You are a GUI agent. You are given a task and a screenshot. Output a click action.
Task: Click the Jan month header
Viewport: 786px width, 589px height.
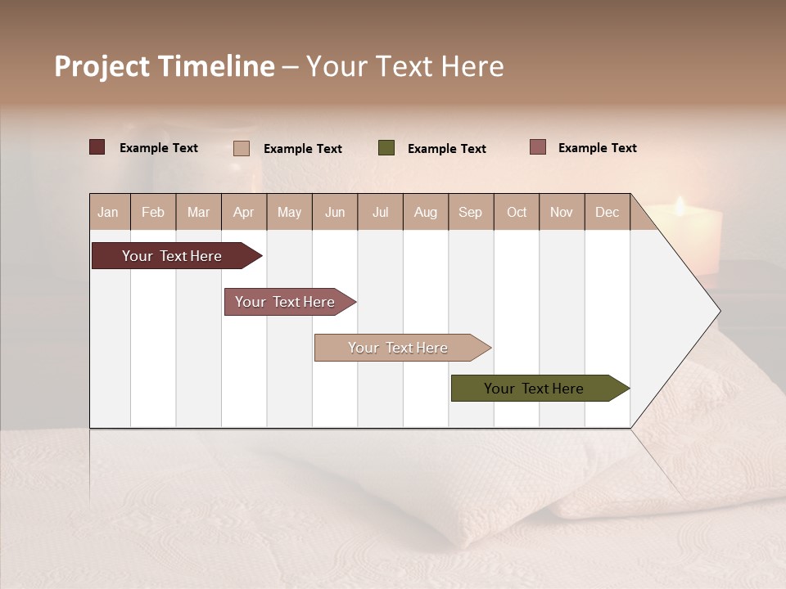(109, 212)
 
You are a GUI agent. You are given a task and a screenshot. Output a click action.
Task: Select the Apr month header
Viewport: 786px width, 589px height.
(244, 212)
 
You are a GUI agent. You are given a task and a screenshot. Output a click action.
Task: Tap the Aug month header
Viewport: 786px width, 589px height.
(426, 212)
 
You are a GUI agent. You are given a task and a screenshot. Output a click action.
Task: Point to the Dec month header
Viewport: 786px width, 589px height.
(608, 212)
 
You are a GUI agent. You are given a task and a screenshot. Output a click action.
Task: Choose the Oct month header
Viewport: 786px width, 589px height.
(517, 212)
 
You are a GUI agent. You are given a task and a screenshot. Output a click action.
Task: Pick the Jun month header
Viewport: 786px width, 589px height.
(335, 212)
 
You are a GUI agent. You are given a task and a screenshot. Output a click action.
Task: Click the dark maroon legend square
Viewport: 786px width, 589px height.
(97, 147)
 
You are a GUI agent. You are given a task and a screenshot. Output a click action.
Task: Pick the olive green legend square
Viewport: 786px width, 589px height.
(386, 148)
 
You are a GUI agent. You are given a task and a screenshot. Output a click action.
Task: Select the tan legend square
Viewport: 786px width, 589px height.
(242, 148)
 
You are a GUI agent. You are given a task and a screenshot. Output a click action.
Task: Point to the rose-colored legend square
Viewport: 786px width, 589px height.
(538, 147)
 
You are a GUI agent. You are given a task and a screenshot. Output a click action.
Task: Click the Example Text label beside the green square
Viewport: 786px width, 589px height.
(447, 149)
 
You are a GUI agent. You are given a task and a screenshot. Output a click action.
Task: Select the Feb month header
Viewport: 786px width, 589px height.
(153, 212)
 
